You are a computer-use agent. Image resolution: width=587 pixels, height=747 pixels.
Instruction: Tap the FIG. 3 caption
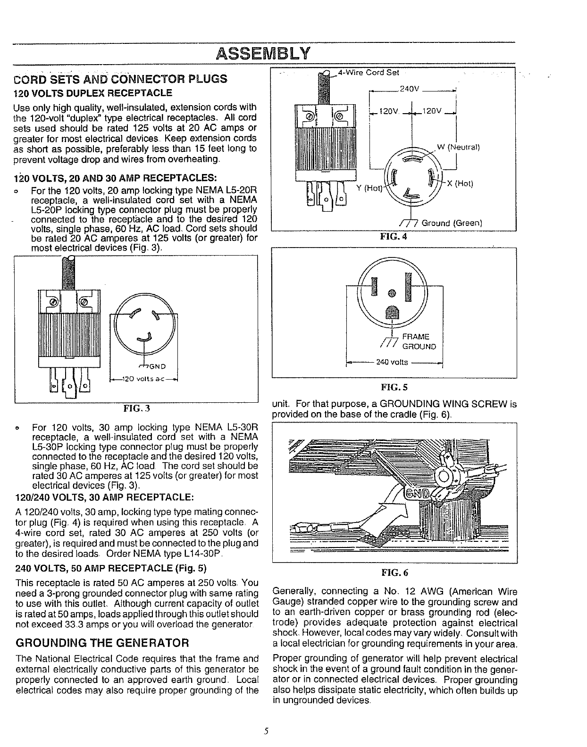[136, 407]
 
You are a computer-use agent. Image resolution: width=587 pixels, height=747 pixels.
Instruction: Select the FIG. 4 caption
[394, 237]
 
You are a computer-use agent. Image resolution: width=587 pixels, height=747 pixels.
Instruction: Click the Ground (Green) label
[451, 223]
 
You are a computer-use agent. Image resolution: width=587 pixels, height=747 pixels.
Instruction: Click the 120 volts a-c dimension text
[143, 378]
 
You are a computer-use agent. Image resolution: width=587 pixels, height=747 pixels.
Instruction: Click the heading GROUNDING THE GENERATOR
[102, 642]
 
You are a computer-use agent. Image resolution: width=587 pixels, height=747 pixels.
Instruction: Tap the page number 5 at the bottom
[266, 731]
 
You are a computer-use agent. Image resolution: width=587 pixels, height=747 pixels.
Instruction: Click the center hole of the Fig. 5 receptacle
[391, 293]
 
